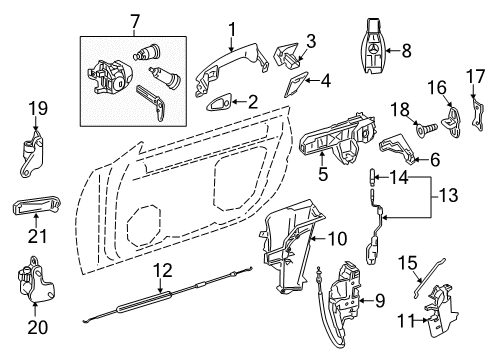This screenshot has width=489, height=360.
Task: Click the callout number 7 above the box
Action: click(134, 22)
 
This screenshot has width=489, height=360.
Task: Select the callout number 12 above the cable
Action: click(163, 270)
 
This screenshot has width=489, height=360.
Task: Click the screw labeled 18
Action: click(425, 128)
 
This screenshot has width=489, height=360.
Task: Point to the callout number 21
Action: click(37, 236)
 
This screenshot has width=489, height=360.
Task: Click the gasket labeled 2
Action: click(218, 104)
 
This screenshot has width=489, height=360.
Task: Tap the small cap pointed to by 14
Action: click(373, 177)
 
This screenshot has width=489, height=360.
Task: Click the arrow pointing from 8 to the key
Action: click(394, 51)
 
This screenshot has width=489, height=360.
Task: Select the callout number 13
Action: click(448, 195)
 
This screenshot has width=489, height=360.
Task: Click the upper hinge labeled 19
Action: click(32, 154)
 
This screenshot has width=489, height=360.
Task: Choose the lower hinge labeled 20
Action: click(35, 280)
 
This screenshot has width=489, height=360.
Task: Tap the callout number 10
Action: click(337, 239)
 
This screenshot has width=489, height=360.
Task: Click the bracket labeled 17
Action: click(478, 114)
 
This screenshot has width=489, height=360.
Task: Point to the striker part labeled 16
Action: click(451, 121)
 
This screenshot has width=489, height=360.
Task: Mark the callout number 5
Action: click(323, 174)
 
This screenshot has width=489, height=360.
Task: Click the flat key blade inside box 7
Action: click(151, 101)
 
